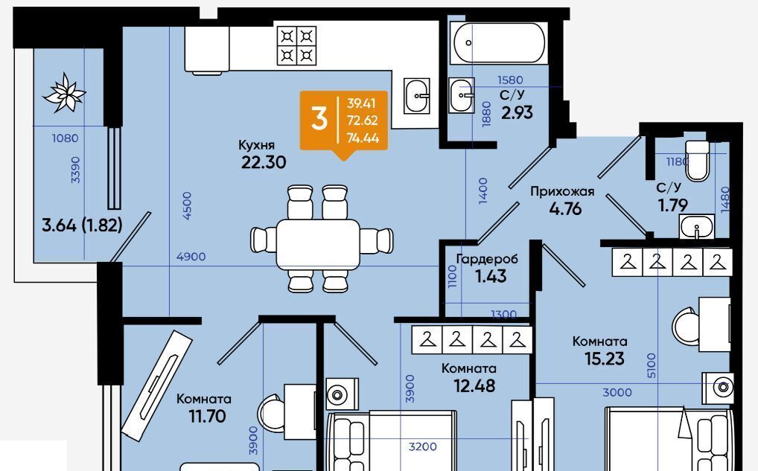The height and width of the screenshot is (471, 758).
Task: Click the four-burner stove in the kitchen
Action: point(297,45)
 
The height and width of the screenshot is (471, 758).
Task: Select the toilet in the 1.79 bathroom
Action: point(698,161)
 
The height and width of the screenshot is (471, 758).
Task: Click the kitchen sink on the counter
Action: point(417,96)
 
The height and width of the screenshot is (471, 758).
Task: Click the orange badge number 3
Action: point(319,119)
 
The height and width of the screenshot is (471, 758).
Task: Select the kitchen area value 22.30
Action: point(264,162)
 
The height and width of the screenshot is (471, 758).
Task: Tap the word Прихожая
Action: point(562,192)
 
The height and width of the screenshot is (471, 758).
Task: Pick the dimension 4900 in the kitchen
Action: point(191,257)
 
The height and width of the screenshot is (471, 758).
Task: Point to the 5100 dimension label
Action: point(652,365)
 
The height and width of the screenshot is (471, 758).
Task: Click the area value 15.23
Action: point(605,359)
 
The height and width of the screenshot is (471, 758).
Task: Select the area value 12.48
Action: point(475,386)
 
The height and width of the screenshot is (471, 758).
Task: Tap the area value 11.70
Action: point(208,416)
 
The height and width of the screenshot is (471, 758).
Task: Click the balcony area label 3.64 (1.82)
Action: point(82,225)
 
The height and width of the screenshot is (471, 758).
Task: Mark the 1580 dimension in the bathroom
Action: point(510,80)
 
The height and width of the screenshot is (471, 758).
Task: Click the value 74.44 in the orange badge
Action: point(363,138)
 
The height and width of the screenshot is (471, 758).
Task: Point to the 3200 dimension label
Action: point(422,447)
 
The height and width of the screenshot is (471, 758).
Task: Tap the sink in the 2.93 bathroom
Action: point(462,95)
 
